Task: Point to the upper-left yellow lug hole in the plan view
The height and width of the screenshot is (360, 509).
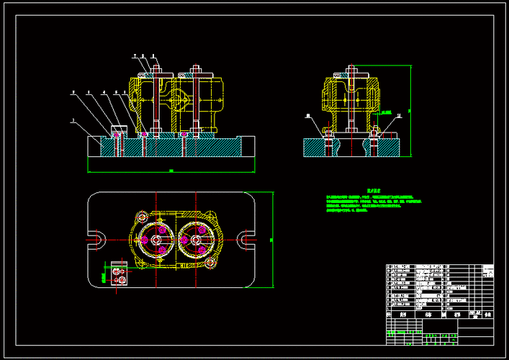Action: coord(142,216)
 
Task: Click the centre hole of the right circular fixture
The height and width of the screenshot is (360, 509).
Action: coord(194,240)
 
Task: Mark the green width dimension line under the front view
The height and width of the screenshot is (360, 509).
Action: coord(171,171)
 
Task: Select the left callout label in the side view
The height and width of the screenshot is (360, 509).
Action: coord(307,115)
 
